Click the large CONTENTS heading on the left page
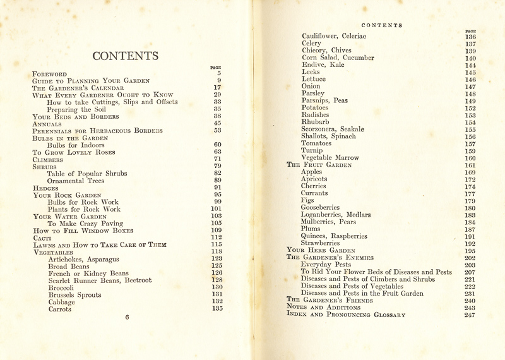pyautogui.click(x=125, y=56)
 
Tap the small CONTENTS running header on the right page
pyautogui.click(x=382, y=25)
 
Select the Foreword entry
pyautogui.click(x=50, y=74)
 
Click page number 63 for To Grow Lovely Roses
pyautogui.click(x=217, y=152)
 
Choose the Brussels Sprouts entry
pyautogui.click(x=74, y=295)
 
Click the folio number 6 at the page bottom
pyautogui.click(x=127, y=317)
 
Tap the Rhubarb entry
pyautogui.click(x=316, y=122)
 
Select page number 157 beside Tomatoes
pyautogui.click(x=470, y=143)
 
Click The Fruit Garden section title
pyautogui.click(x=319, y=165)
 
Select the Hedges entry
pyautogui.click(x=45, y=188)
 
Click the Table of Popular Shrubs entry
pyautogui.click(x=87, y=174)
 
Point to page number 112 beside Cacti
pyautogui.click(x=217, y=237)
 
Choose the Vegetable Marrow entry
pyautogui.click(x=330, y=158)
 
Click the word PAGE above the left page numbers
pyautogui.click(x=215, y=68)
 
